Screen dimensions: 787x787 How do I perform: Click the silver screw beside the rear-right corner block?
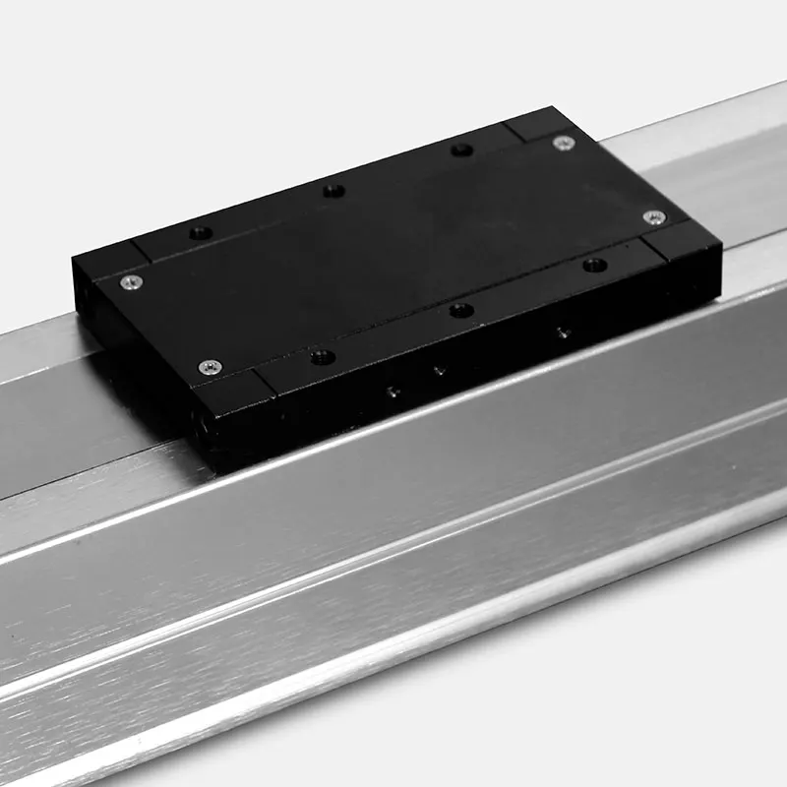(563, 143)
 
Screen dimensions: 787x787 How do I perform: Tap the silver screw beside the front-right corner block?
(654, 217)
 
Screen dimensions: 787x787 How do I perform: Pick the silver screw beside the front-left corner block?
(211, 367)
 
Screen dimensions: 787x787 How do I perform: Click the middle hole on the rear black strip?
(334, 190)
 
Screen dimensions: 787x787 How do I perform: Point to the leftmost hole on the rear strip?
(201, 233)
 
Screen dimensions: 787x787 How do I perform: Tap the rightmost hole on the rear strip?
(461, 150)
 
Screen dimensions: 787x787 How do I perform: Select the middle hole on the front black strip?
(461, 311)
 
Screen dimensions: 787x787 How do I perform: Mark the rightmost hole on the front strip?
(594, 265)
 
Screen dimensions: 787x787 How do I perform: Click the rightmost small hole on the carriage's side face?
(562, 333)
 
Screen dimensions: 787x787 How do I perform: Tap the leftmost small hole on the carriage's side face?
(393, 392)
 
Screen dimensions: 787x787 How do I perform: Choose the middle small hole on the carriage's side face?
(440, 371)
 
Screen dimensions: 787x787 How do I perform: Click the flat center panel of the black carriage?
(393, 246)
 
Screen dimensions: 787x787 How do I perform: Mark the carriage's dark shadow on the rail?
(148, 413)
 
